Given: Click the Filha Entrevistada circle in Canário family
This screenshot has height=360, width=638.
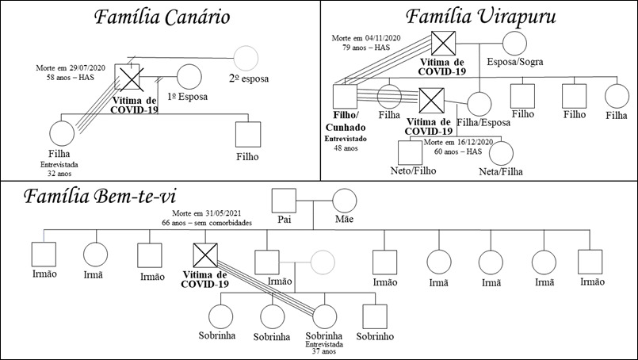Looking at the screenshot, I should tap(62, 135).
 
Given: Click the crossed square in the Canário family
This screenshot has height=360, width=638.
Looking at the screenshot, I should tap(128, 77).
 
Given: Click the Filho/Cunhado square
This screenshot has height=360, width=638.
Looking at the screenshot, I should tap(346, 98).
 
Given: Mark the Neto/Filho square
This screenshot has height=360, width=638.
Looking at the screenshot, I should tap(410, 152).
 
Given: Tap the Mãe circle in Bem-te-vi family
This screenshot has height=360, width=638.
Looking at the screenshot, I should tap(344, 201).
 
